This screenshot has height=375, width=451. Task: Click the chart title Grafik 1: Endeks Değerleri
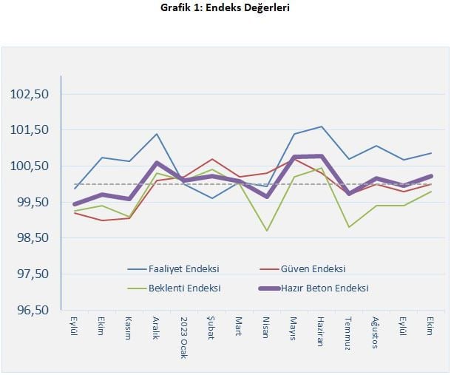point(225,8)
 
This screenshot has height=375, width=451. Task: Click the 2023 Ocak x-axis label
point(184,338)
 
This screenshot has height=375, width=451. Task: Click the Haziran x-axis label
point(320,331)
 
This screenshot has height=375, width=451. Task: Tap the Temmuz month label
point(347,331)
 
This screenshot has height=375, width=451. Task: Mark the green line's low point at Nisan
point(266,231)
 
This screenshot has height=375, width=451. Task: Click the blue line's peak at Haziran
point(321,126)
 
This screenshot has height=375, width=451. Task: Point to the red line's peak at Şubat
point(212,159)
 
